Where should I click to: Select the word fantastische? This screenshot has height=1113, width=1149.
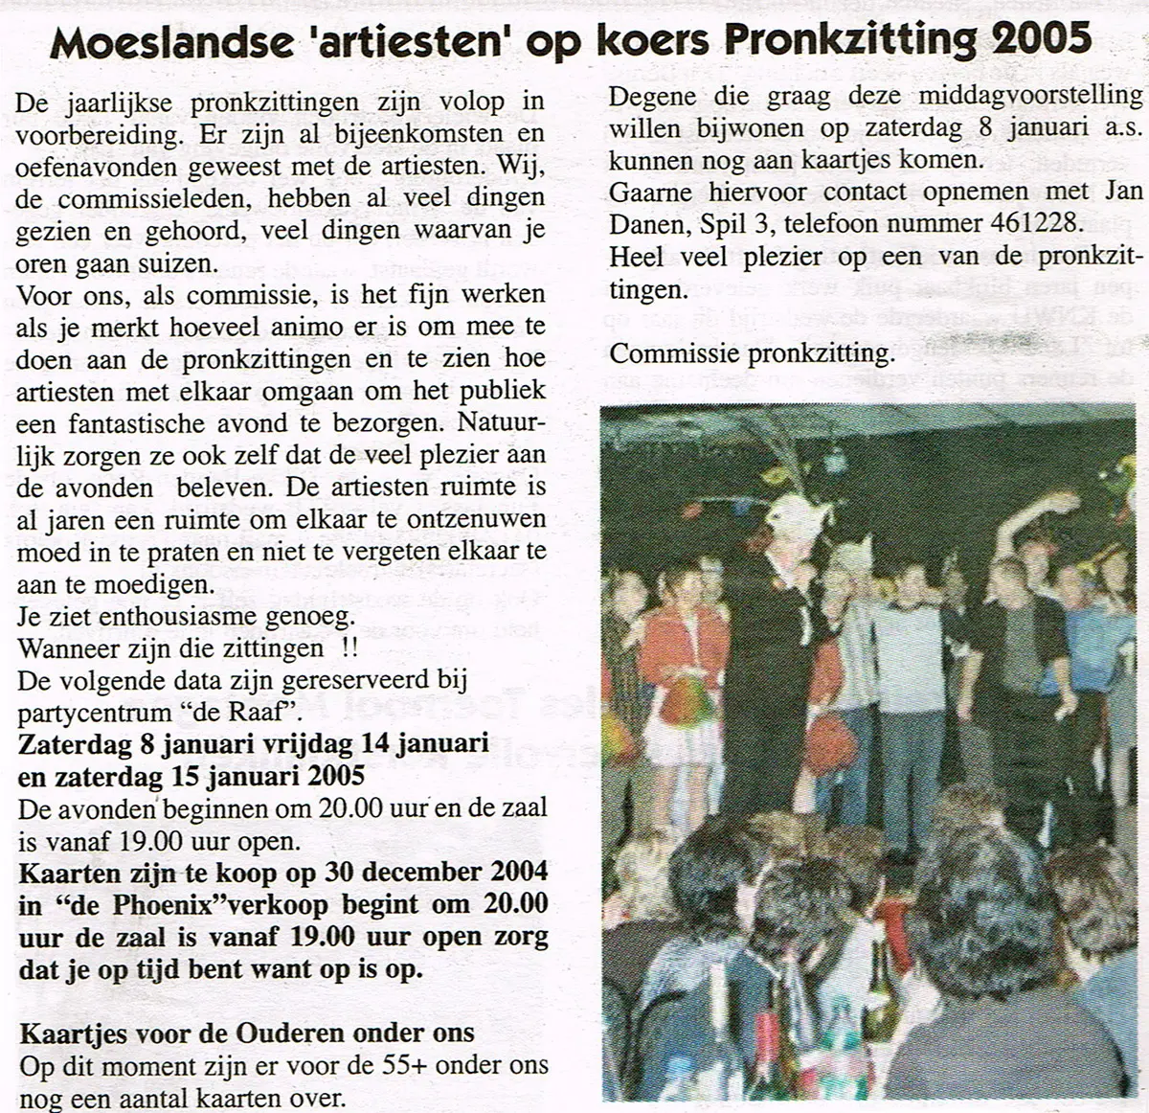click(137, 422)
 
